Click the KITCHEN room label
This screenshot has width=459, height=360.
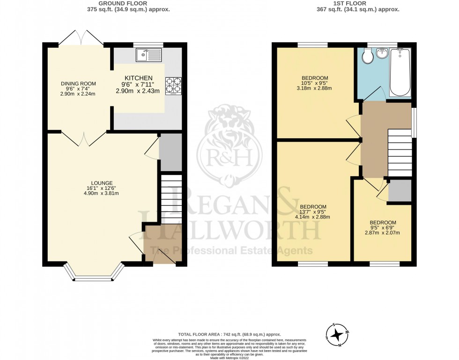coord(138,78)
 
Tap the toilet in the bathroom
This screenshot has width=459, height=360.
coord(368,56)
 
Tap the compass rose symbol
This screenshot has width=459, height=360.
coord(336,334)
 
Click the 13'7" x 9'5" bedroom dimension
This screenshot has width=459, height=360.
coord(313,211)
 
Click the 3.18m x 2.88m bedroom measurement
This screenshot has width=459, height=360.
coord(314,88)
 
